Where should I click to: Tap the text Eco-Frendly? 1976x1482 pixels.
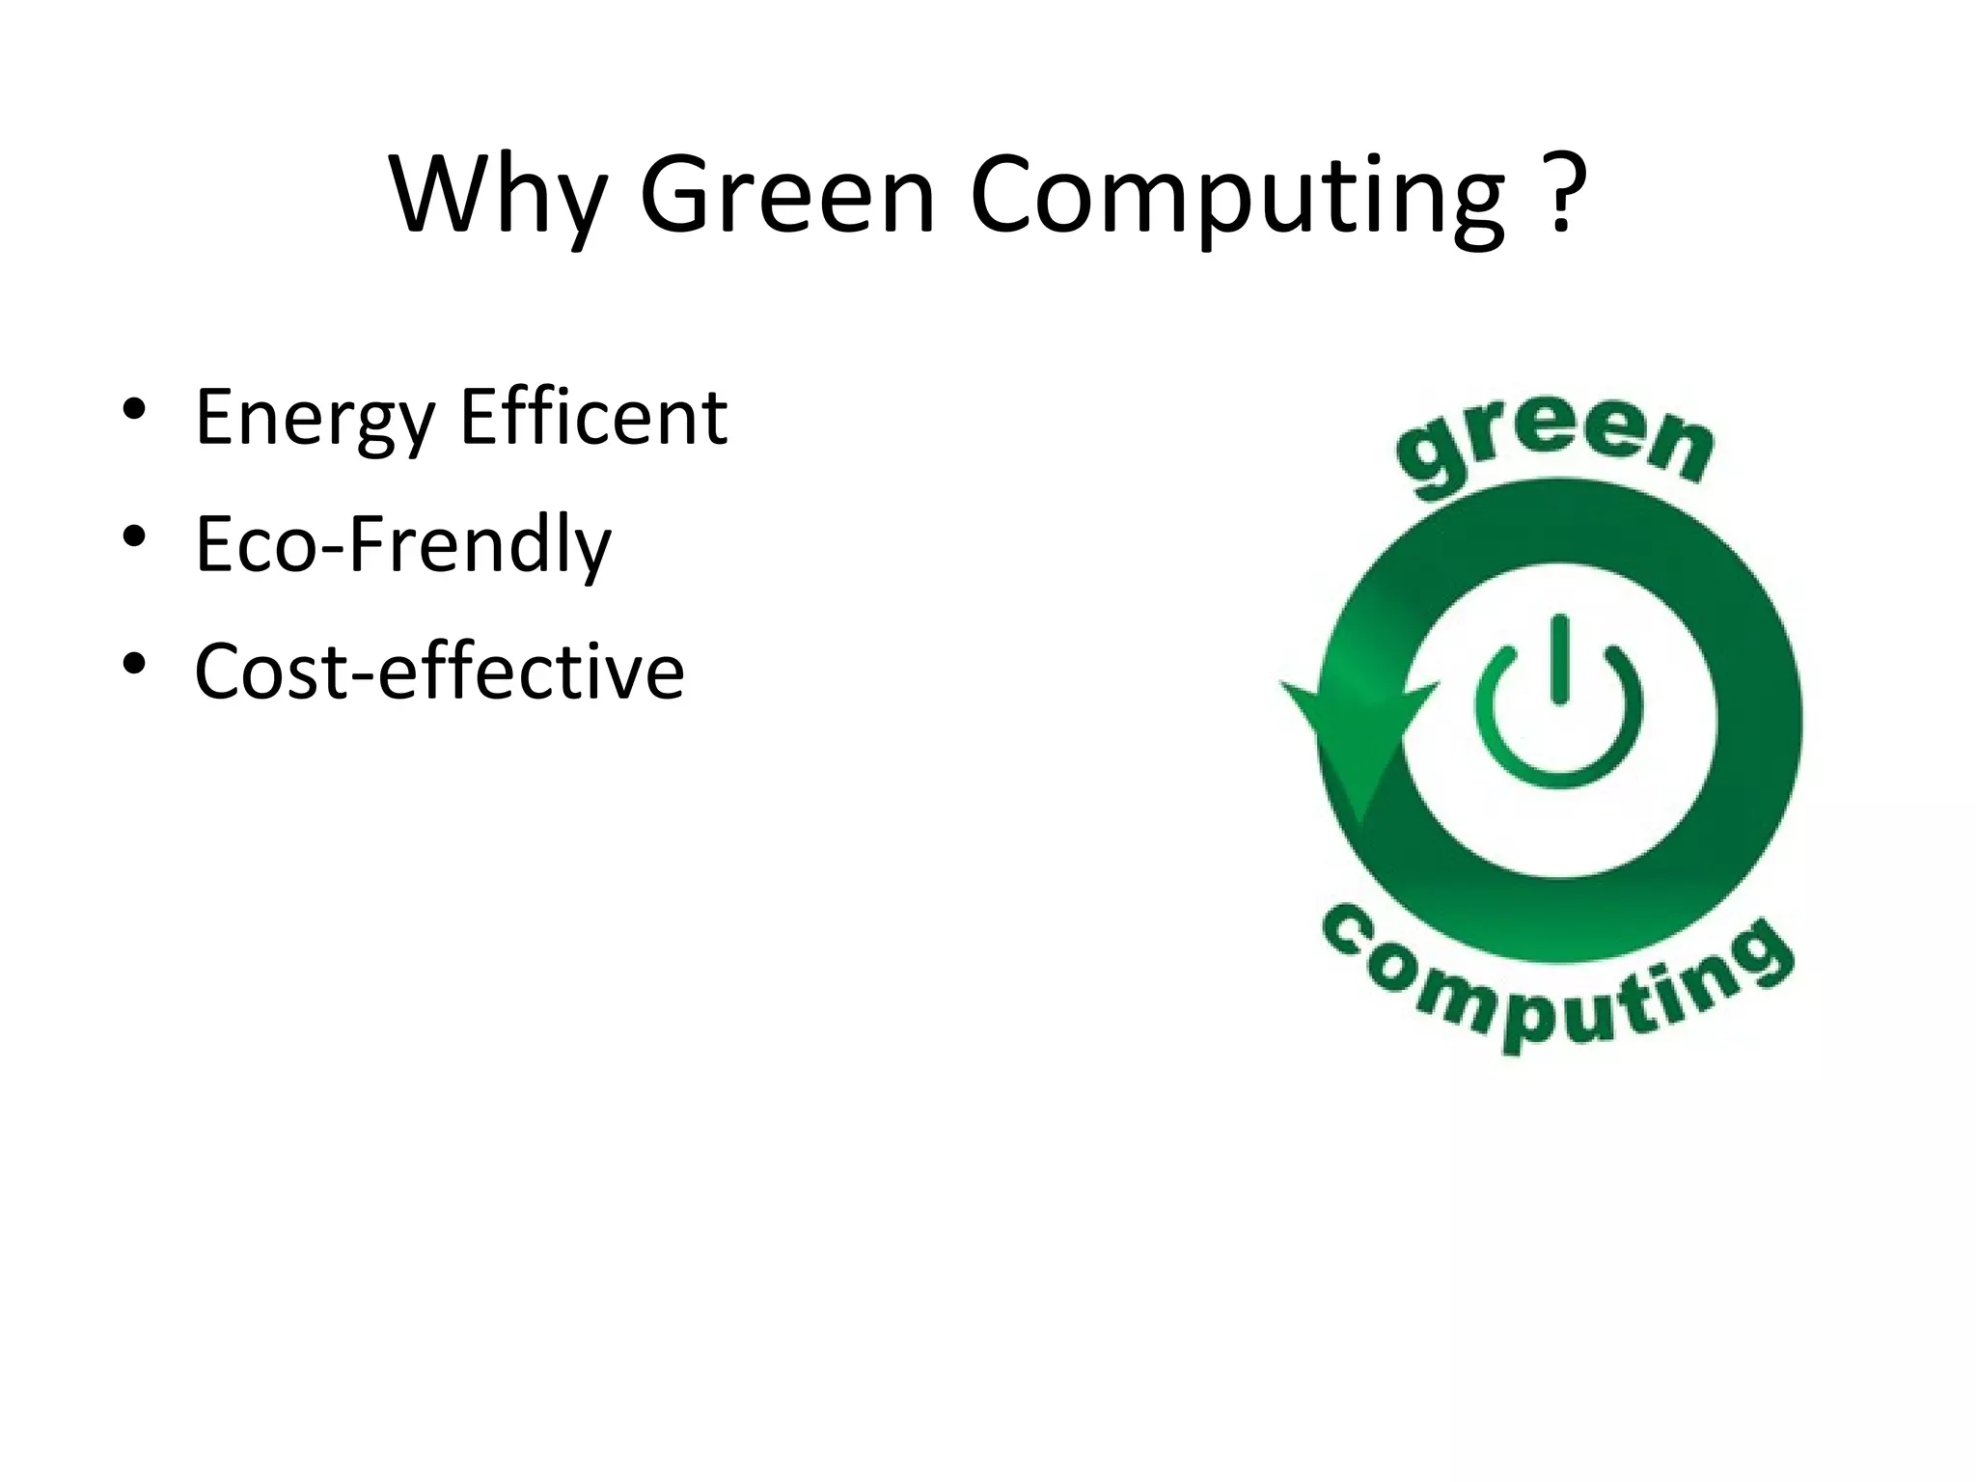(403, 544)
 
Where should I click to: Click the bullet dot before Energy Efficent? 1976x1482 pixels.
(134, 409)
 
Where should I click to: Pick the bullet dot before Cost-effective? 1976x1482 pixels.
(134, 663)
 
